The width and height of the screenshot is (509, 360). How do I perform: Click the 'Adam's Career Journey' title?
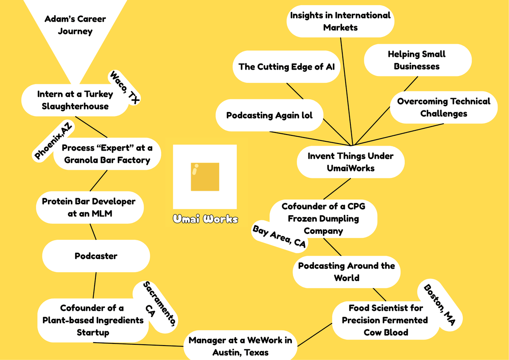point(76,25)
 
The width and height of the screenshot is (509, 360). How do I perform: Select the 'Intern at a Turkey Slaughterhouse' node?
point(75,100)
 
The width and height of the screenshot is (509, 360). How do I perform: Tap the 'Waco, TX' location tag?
point(125,87)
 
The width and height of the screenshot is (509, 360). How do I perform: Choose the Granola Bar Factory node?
point(107,154)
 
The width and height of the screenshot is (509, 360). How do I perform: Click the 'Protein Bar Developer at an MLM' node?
point(89,207)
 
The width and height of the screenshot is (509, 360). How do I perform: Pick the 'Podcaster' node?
point(96,256)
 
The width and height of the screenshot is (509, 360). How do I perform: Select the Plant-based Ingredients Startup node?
point(93,320)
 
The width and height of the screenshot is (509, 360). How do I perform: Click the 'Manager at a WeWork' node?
point(240,346)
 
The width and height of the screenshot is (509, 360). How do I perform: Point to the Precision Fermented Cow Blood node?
point(385,320)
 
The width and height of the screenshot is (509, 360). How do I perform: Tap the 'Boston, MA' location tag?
point(439,304)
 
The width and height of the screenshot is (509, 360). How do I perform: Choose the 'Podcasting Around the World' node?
point(346,272)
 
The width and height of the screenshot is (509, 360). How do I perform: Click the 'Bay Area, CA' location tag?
point(279,236)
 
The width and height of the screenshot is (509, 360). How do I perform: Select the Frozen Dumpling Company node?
point(323,218)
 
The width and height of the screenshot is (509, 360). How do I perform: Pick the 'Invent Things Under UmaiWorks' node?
point(350,162)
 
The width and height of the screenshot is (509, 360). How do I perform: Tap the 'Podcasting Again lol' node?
point(269,115)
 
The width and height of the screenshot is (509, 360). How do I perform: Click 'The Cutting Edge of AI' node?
point(286,67)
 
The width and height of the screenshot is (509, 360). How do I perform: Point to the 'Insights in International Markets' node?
point(340,21)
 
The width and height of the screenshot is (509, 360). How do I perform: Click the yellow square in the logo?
point(205,177)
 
